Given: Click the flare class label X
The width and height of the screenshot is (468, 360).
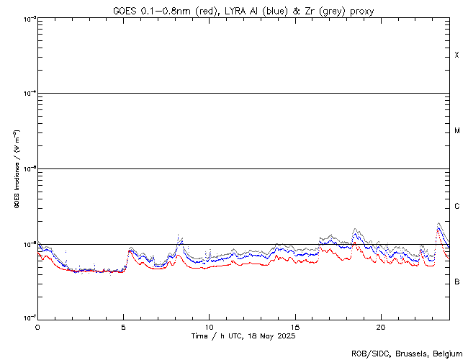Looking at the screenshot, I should [x=457, y=55].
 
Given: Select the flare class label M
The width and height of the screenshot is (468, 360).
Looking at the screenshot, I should [x=457, y=131].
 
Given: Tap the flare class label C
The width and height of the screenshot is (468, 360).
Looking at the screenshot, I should [x=457, y=207].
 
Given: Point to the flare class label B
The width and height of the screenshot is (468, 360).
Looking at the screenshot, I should [x=457, y=282].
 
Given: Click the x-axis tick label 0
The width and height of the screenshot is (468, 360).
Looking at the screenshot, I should [x=37, y=326].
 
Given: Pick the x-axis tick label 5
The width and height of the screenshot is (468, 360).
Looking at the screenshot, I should [x=123, y=326].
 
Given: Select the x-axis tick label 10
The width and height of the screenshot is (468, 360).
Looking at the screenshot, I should [x=209, y=326].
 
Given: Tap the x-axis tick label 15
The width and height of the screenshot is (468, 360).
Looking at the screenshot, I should [x=295, y=326].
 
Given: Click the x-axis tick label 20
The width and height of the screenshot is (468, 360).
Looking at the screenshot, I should [x=381, y=326].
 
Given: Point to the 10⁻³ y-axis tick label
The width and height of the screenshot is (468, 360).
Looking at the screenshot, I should [x=27, y=19].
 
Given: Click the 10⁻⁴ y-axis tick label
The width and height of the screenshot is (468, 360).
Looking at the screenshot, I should [x=27, y=94].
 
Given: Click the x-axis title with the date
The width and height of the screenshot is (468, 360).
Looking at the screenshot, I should [x=243, y=336].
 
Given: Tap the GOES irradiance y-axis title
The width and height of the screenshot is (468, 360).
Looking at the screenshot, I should [x=15, y=169].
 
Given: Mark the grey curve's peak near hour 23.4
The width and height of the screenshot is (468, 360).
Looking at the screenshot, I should [x=439, y=224].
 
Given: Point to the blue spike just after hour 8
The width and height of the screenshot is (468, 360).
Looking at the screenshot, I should [x=180, y=238].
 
